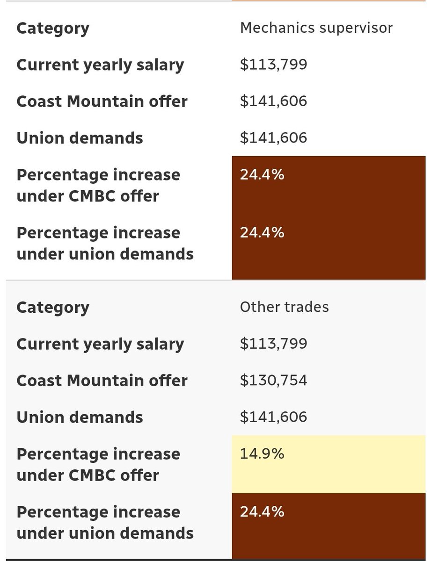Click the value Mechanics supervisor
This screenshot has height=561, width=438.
(316, 28)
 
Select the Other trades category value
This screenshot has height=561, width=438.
(284, 307)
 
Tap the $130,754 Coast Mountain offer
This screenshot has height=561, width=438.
(273, 380)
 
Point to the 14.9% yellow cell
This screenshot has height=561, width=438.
(262, 454)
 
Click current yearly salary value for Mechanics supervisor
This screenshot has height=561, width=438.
(273, 65)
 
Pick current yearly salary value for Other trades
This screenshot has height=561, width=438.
(273, 344)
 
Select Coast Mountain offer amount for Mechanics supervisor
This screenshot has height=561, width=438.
(273, 101)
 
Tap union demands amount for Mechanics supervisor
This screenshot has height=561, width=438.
(273, 137)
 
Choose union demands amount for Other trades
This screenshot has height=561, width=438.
(273, 417)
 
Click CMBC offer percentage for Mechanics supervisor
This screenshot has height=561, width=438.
(262, 175)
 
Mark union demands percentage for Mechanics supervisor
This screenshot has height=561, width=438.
(262, 233)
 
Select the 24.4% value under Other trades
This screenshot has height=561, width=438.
(262, 512)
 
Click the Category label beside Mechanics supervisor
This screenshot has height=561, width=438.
(52, 29)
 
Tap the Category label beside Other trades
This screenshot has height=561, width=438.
(52, 308)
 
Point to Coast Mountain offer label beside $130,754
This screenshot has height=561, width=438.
(102, 381)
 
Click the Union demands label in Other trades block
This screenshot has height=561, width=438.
(80, 417)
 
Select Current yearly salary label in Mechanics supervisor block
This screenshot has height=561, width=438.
(100, 65)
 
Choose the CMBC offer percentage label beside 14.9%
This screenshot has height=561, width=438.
(98, 465)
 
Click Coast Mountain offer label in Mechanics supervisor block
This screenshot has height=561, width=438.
(102, 101)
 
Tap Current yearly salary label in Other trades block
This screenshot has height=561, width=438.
(100, 344)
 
